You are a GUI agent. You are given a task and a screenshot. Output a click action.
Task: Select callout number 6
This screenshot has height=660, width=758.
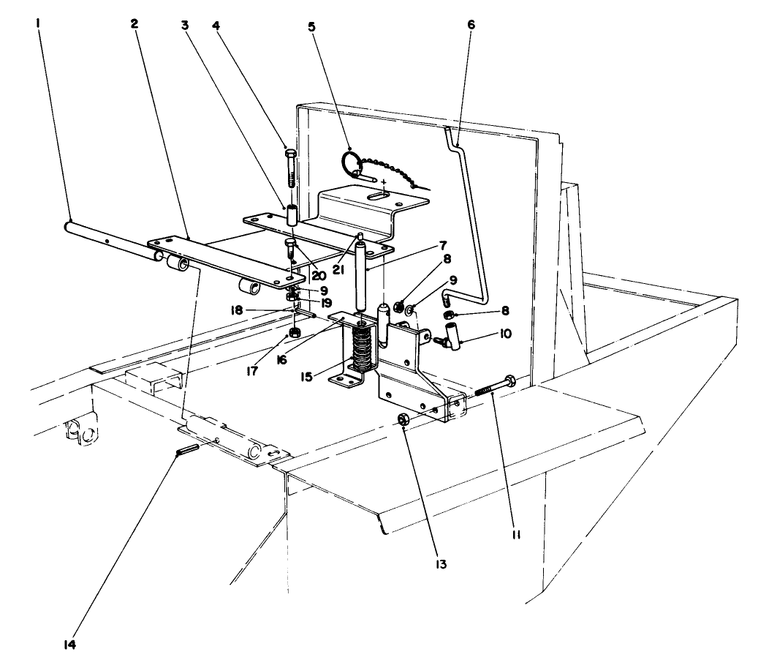(x=471, y=23)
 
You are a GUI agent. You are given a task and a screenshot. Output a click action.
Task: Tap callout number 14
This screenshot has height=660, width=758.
(x=69, y=645)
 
